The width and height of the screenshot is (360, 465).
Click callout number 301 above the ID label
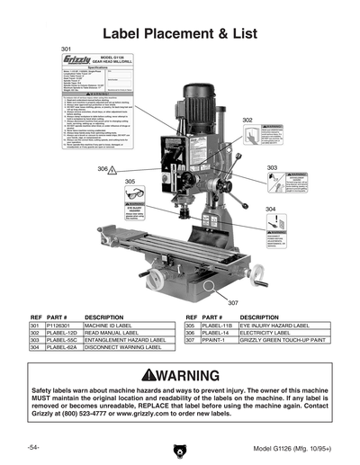67,48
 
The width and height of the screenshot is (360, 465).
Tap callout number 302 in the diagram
247,120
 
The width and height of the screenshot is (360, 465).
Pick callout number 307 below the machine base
232,302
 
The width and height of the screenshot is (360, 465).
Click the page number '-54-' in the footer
32,447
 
